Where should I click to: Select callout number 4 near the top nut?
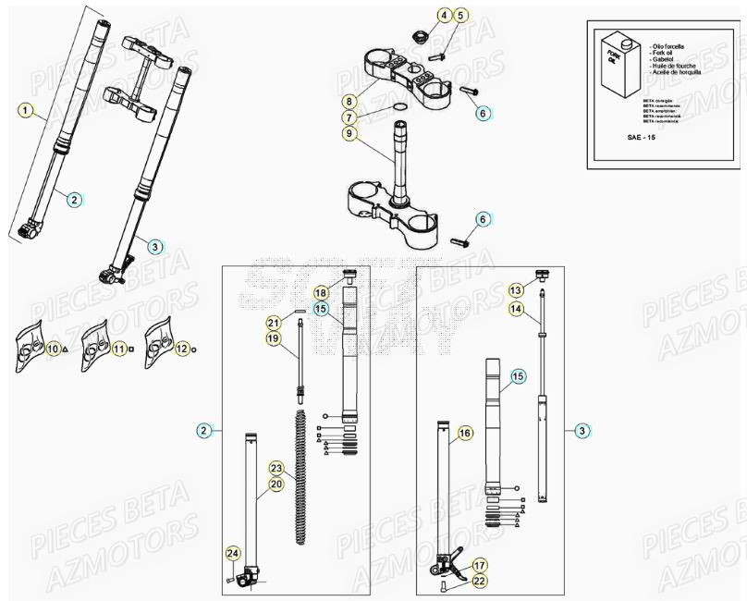444,15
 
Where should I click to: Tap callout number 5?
460,15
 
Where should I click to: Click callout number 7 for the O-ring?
349,117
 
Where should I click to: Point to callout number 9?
349,134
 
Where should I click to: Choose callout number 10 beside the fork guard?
54,349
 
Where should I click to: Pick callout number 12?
182,349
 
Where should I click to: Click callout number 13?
516,290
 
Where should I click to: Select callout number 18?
321,292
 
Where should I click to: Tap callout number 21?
273,323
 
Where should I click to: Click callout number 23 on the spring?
276,468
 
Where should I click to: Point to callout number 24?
233,553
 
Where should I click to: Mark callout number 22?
478,580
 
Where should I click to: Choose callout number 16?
465,432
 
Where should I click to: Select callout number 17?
479,564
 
